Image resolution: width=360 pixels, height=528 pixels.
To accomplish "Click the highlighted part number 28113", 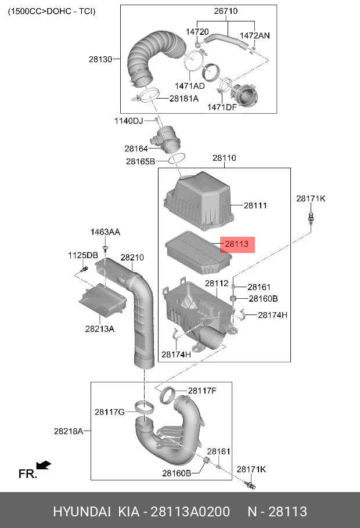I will pos(236,245).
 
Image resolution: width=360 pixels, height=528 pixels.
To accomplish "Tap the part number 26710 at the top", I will pos(226,11).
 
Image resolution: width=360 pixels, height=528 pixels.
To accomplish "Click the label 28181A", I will pos(184,98).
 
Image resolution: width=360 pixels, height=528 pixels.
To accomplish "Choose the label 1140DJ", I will pos(128,121).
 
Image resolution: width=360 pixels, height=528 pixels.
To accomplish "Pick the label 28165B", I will pos(141,161).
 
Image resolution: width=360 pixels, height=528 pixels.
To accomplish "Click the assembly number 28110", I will pos(224,158).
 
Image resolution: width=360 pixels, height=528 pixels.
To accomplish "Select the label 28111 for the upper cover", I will pos(255,205).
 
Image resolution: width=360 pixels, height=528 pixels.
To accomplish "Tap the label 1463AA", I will pos(105,232).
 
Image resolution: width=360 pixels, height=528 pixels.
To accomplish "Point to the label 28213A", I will pos(100,328).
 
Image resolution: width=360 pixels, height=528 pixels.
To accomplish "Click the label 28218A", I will pos(69,431).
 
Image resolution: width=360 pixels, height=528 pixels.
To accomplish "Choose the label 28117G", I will pos(110,412).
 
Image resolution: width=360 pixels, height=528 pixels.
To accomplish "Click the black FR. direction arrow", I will pos(43,465).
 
